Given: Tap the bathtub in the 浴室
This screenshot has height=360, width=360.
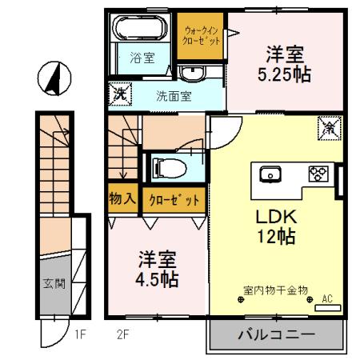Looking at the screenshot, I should tap(137, 31).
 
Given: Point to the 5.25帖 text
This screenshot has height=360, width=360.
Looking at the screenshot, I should tap(284, 76).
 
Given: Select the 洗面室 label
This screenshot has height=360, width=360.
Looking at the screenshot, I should tap(173, 95).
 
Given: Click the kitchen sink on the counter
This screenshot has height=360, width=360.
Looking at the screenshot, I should tap(269, 174).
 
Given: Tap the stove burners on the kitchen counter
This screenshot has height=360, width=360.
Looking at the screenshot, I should tap(318, 174).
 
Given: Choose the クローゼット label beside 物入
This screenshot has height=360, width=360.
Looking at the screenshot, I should tap(173, 200).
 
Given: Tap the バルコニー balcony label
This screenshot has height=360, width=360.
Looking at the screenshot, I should tap(275, 335).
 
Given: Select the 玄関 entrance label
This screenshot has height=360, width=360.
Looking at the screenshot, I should tap(53, 283).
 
